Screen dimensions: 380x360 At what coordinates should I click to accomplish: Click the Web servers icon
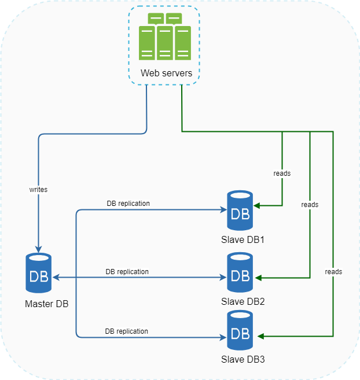(x=165, y=37)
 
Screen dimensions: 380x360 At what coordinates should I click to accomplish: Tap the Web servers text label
(x=166, y=73)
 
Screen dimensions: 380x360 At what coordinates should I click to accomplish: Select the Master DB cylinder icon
(x=38, y=273)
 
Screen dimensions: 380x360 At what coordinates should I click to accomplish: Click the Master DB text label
(x=46, y=304)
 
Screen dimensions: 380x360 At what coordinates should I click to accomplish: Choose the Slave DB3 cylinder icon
(x=240, y=330)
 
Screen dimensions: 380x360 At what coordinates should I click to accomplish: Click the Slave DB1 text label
(x=243, y=239)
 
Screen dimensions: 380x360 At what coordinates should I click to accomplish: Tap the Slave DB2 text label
(x=243, y=301)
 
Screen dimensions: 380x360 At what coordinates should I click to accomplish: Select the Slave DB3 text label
(x=243, y=359)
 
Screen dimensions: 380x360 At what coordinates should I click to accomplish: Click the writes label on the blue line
(x=38, y=189)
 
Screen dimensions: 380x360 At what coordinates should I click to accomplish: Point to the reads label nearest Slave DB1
(x=282, y=173)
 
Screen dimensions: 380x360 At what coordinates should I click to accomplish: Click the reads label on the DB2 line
(x=310, y=205)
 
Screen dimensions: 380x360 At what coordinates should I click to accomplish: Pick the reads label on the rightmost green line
(x=333, y=271)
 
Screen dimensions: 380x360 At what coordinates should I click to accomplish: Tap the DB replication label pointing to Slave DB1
(x=128, y=204)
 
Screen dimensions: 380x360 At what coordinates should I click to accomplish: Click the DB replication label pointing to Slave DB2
(x=127, y=271)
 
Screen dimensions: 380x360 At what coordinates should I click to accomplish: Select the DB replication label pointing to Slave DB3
(x=126, y=331)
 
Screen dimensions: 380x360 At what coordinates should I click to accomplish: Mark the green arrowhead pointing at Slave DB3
(x=260, y=336)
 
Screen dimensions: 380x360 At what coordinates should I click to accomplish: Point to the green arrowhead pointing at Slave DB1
(x=256, y=205)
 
